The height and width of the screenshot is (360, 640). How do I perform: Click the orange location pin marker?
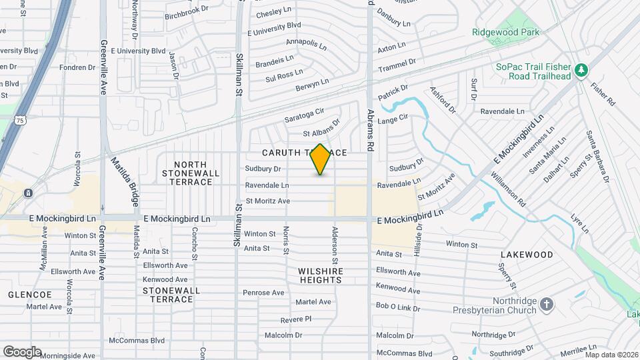click(x=321, y=159)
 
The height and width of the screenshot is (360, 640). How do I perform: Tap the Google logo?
click(x=21, y=351)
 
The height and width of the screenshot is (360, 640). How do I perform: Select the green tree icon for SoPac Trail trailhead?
click(x=581, y=69)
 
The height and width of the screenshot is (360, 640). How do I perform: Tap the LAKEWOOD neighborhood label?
click(x=527, y=255)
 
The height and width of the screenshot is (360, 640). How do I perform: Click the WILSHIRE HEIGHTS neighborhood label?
click(x=321, y=275)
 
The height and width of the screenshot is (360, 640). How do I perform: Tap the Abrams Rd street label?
click(x=371, y=131)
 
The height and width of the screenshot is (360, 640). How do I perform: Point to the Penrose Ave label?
click(x=263, y=293)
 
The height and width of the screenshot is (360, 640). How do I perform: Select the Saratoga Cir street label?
click(x=303, y=115)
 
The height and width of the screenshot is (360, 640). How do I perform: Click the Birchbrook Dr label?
click(x=186, y=14)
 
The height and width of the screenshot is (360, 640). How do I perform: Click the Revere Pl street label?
click(x=296, y=320)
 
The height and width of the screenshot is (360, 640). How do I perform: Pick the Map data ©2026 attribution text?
click(x=611, y=355)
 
